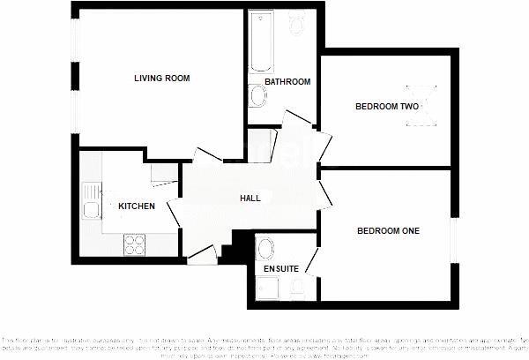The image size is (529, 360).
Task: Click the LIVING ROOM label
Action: click(x=162, y=79)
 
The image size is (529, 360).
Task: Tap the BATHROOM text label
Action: click(x=288, y=82)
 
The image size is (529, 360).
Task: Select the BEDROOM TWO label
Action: click(x=386, y=107)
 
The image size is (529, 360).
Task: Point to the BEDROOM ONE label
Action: click(x=388, y=231)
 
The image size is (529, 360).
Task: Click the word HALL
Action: click(x=250, y=199)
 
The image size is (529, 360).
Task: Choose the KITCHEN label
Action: click(x=137, y=206)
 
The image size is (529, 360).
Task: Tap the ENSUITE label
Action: click(x=280, y=268)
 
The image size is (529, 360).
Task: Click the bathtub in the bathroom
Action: click(x=260, y=42)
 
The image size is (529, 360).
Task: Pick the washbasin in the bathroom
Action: click(x=257, y=94)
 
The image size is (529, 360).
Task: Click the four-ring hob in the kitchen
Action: click(x=135, y=243)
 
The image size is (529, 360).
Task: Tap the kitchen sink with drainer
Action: click(x=90, y=202)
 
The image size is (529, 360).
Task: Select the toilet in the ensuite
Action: click(x=297, y=285)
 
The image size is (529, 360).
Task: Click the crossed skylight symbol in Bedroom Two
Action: click(x=421, y=101)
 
